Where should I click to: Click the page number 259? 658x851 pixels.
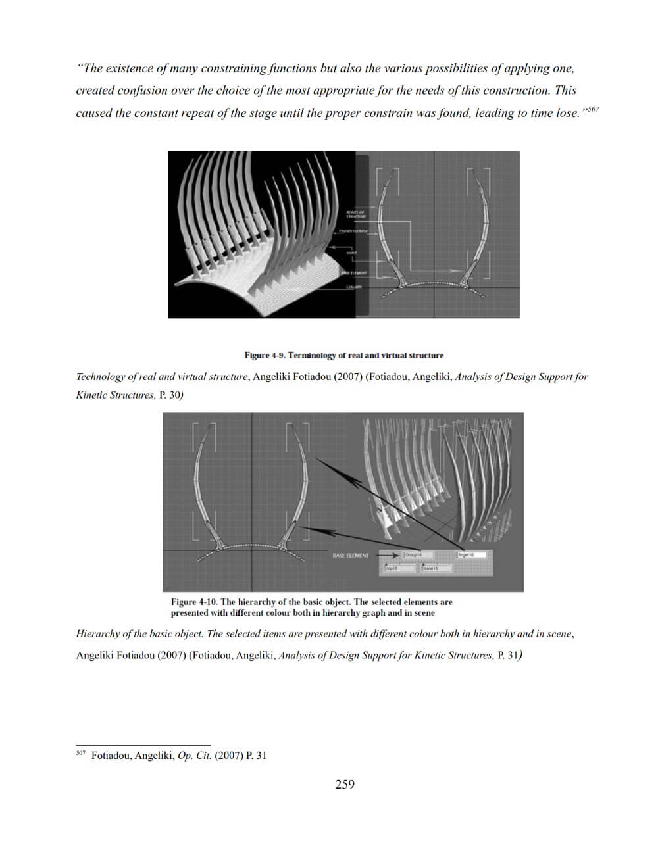point(344,784)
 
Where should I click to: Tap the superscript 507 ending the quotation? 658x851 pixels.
point(592,109)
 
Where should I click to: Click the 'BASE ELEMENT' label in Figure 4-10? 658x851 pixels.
point(351,556)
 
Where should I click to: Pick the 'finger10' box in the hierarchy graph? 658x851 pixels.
point(470,555)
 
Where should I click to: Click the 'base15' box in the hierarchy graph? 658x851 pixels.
point(434,568)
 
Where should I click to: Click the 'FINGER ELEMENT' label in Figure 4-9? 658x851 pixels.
point(354,231)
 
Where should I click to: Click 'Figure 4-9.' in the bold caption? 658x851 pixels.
point(265,355)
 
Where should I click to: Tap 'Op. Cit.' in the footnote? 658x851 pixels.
point(195,756)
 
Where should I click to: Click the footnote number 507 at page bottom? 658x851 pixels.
point(80,753)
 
